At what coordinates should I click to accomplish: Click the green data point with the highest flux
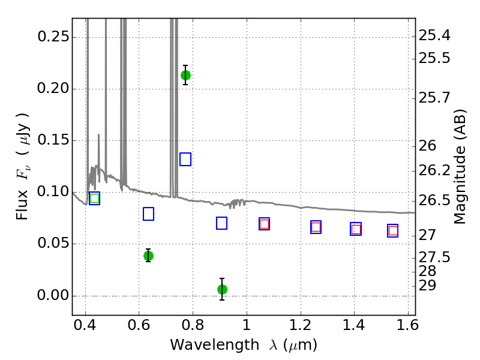[x=185, y=75]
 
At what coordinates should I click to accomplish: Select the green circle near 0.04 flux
[x=148, y=256]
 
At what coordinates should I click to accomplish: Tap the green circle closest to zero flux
[x=222, y=289]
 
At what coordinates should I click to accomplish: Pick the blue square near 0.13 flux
[x=185, y=159]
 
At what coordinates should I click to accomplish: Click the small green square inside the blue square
[x=95, y=199]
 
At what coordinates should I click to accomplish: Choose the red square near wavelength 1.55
[x=393, y=230]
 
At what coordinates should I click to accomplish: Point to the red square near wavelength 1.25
[x=316, y=227]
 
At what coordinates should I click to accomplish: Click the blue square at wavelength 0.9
[x=221, y=223]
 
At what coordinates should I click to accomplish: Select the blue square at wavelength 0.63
[x=148, y=214]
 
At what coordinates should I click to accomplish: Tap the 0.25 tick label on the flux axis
[x=53, y=37]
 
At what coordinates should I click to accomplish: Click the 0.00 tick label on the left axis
[x=53, y=295]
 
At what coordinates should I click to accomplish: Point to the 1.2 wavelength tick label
[x=301, y=325]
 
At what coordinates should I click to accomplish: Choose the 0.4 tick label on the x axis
[x=85, y=325]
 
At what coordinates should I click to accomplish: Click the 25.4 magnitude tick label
[x=434, y=35]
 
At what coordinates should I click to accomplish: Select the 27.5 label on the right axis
[x=434, y=257]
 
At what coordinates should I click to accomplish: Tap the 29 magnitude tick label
[x=427, y=286]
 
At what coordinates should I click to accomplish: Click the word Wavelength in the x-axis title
[x=215, y=345]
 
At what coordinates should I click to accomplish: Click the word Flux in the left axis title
[x=22, y=205]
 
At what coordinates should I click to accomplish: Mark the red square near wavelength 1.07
[x=264, y=224]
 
